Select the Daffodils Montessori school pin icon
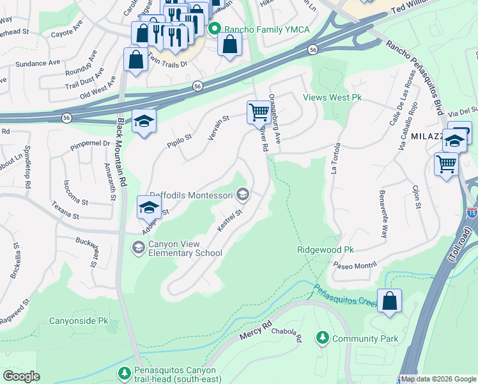coord(242,193)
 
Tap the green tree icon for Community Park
coord(323,337)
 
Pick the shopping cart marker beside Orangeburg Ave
coord(259,112)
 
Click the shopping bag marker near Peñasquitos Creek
coord(389,301)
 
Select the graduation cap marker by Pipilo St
coord(144,120)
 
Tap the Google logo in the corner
coord(21,376)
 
